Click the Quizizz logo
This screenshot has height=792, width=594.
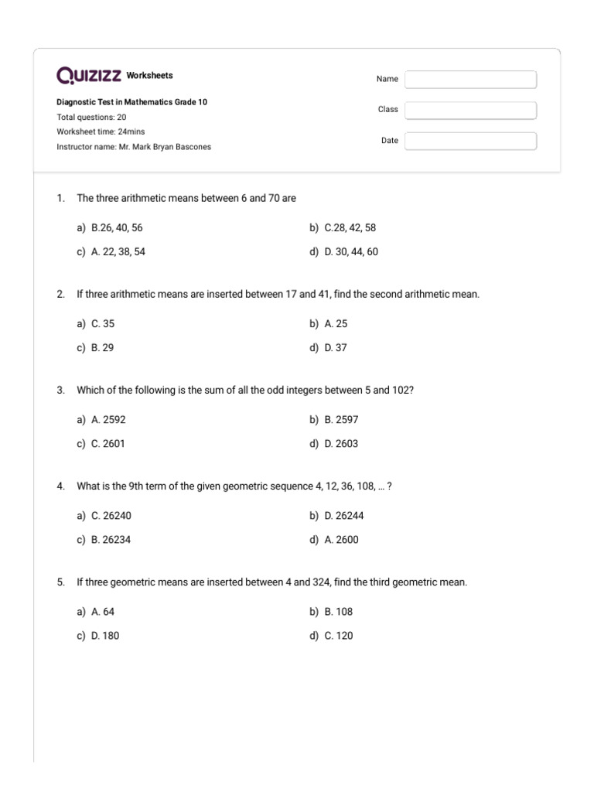point(89,76)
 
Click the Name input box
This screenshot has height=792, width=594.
point(470,80)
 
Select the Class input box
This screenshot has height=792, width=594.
point(470,111)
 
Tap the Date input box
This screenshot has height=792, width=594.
point(470,142)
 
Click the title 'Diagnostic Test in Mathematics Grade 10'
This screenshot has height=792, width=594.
point(131,102)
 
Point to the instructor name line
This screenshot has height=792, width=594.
point(133,147)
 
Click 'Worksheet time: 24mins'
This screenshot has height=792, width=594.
point(101,131)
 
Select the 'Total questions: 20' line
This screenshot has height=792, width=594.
point(91,117)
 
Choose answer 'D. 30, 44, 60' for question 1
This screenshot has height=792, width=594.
point(351,252)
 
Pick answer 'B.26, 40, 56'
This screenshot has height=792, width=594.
point(117,228)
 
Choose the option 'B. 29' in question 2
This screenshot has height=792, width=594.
point(102,348)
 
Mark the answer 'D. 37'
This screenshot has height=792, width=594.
point(336,348)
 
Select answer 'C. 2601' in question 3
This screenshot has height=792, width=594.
point(108,444)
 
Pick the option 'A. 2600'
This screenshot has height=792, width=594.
point(341,540)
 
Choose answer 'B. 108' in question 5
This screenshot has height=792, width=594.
point(338,612)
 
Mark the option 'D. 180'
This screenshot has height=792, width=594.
point(105,636)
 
